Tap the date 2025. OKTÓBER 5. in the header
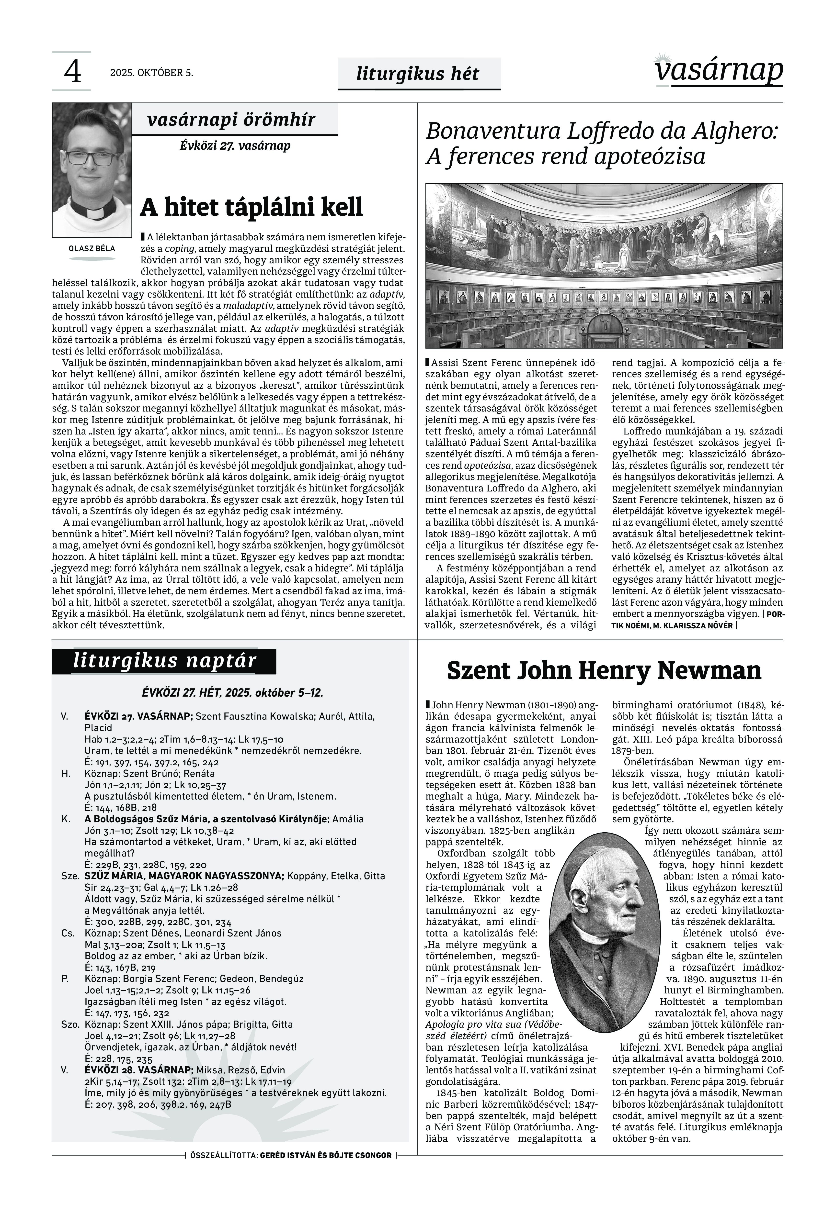pyautogui.click(x=151, y=73)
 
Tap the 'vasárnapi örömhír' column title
pyautogui.click(x=231, y=120)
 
